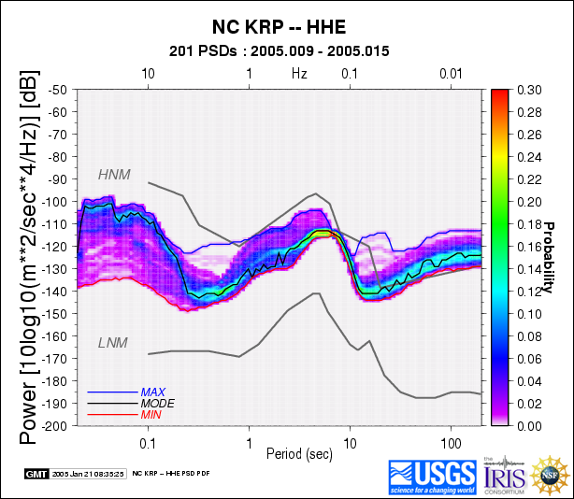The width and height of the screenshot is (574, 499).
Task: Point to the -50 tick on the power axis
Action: (59, 89)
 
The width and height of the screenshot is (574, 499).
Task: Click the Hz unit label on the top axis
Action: (299, 73)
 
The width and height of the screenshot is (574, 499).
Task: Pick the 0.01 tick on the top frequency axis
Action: (452, 73)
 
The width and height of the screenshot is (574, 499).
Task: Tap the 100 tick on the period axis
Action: (452, 439)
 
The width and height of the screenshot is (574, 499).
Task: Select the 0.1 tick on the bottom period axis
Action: (148, 439)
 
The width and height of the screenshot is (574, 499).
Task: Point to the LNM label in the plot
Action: (112, 343)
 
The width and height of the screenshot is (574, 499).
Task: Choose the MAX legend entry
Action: (153, 392)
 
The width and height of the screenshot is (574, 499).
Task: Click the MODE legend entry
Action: (157, 403)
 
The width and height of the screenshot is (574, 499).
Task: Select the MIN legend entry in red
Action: (151, 414)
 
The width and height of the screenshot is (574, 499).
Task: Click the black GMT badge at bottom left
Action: (36, 474)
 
